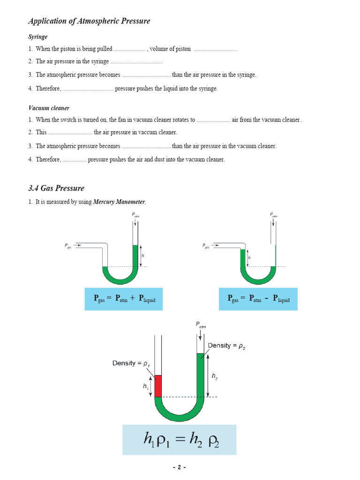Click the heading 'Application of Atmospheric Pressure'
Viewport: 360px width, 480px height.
point(89,21)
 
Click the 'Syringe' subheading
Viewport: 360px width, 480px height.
point(38,37)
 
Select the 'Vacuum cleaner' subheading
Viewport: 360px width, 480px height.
point(49,108)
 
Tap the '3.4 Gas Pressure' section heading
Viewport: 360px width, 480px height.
point(56,188)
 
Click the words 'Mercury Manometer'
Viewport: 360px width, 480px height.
point(120,202)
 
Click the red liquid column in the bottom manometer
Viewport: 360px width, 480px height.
point(158,386)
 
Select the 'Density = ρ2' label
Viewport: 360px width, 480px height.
point(226,346)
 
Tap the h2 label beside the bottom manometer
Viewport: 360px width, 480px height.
point(215,376)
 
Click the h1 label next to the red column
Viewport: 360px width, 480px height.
point(146,386)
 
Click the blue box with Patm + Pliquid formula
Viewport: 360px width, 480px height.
point(124,299)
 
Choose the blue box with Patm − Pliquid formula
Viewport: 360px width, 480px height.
point(258,299)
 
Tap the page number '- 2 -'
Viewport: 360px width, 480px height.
point(180,468)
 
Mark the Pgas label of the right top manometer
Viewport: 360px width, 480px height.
point(206,246)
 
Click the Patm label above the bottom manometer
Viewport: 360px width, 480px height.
point(201,325)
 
